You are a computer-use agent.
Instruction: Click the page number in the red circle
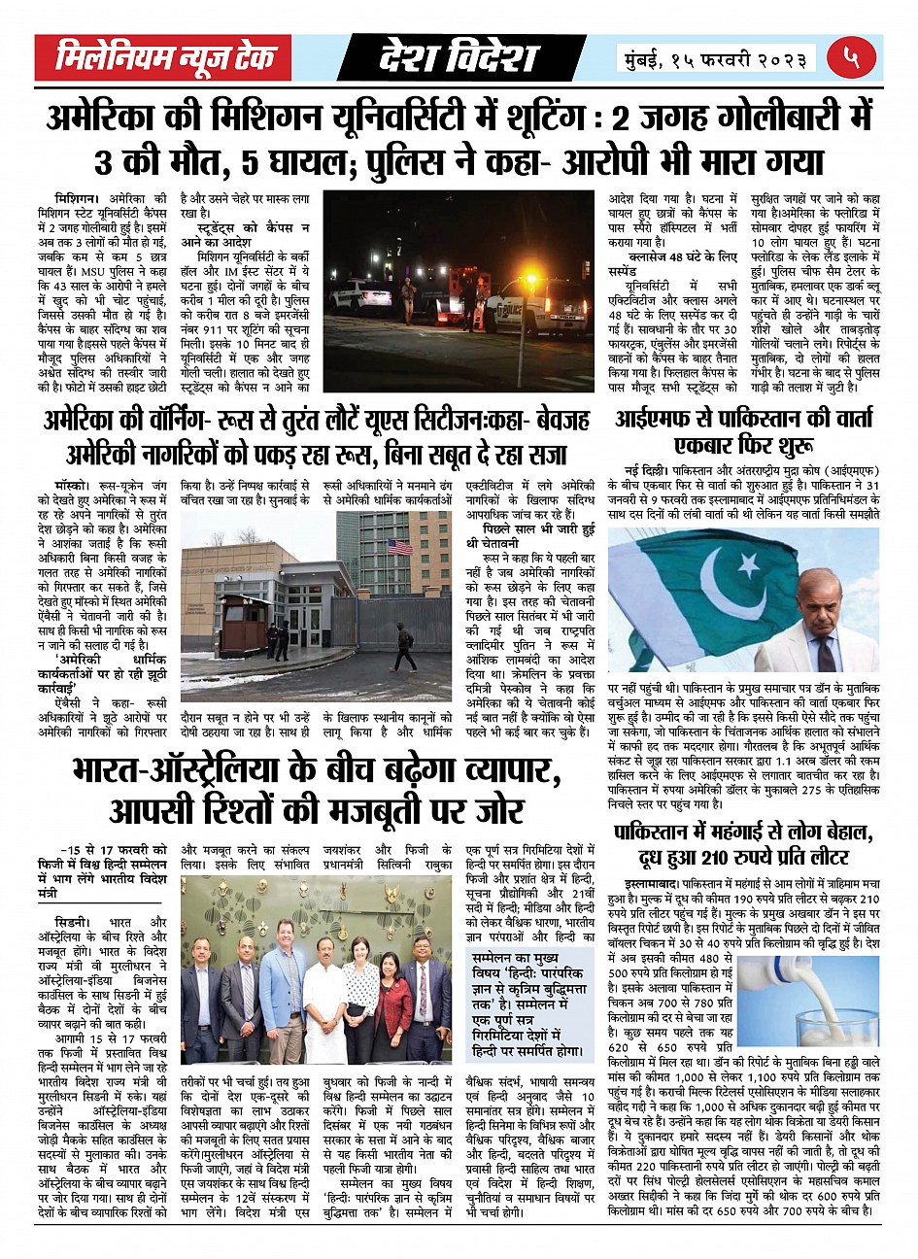click(852, 58)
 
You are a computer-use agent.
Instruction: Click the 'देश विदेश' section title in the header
click(458, 58)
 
